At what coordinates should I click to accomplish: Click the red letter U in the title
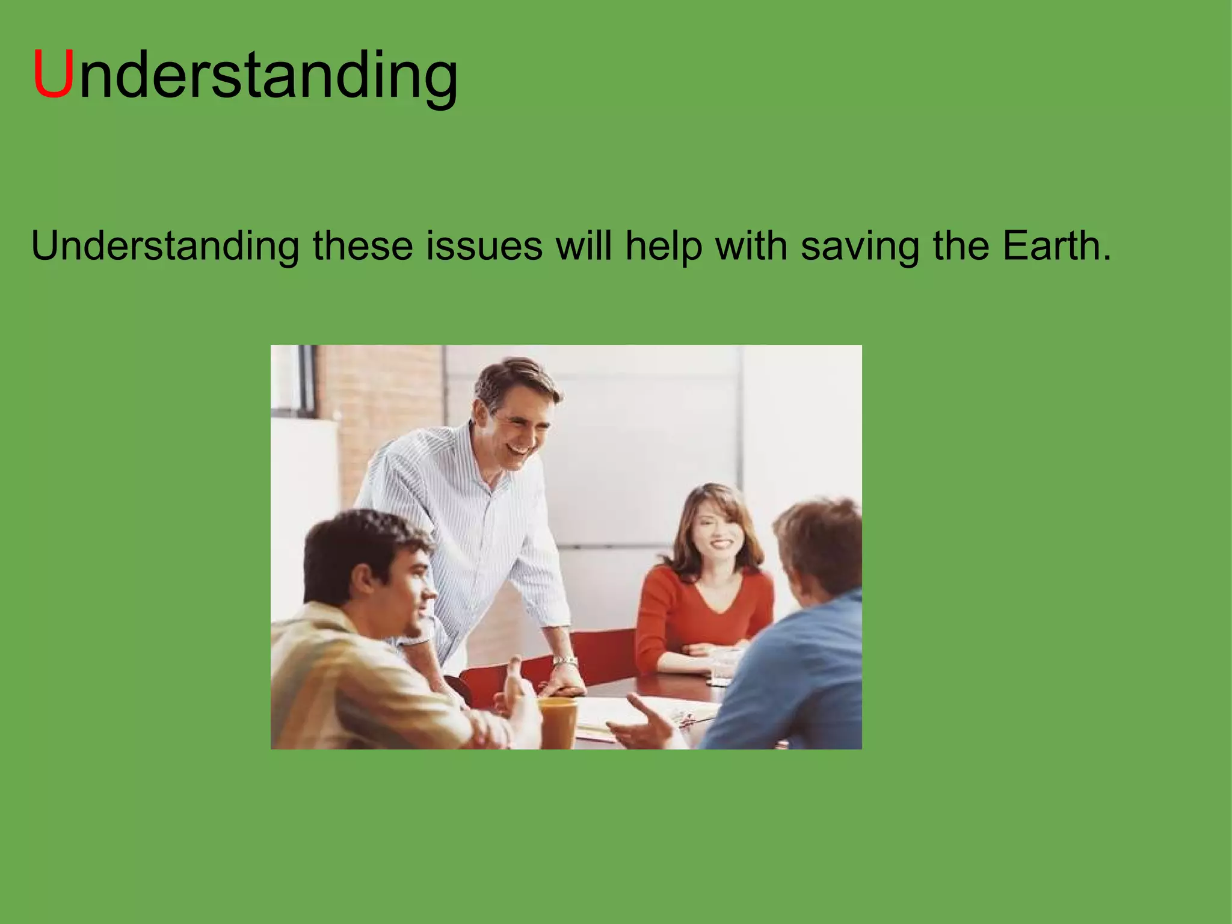pyautogui.click(x=53, y=75)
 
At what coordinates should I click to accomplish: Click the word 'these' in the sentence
pyautogui.click(x=363, y=246)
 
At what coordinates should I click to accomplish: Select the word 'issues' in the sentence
pyautogui.click(x=484, y=246)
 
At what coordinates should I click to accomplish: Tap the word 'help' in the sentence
pyautogui.click(x=663, y=246)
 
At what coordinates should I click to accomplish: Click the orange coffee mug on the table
pyautogui.click(x=557, y=721)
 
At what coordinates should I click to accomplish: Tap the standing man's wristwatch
pyautogui.click(x=565, y=662)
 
